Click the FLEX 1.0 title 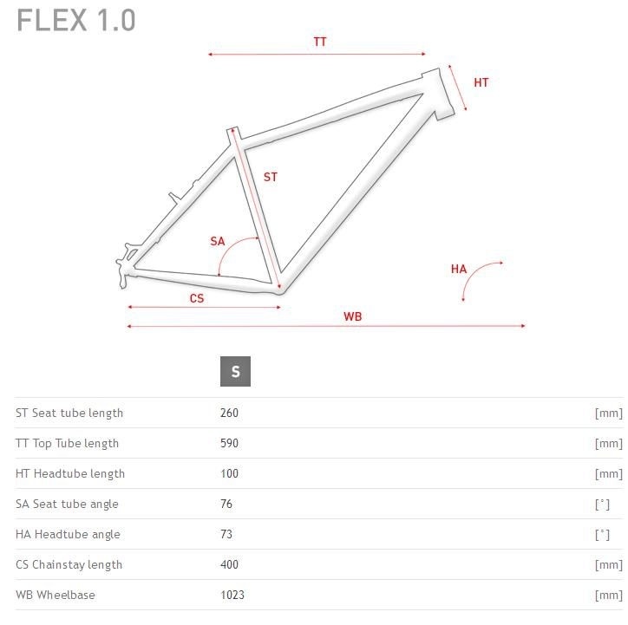coord(75,21)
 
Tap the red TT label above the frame coord(319,42)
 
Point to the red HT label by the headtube coord(481,82)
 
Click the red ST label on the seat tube coord(271,177)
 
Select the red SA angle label coord(218,241)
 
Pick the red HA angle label coord(459,269)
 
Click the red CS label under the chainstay coord(197,298)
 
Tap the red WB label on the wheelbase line coord(352,316)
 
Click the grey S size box coord(236,371)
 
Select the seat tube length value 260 coord(229,413)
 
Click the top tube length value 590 coord(229,443)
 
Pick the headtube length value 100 coord(229,473)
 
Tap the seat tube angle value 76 coord(226,504)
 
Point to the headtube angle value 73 coord(226,534)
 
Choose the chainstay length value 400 coord(229,564)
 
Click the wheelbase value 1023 coord(232,595)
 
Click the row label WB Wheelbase coord(56,595)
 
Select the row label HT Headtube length coord(70,474)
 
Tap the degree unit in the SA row coord(602,505)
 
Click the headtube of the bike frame coord(438,94)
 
